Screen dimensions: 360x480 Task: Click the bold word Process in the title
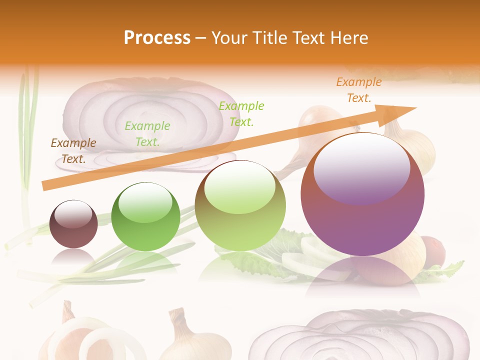[157, 38]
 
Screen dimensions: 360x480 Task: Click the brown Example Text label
[73, 151]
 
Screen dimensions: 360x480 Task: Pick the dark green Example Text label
[147, 134]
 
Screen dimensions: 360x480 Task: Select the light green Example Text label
[241, 113]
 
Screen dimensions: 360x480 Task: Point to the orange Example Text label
[359, 90]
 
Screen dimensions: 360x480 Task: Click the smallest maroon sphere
[74, 224]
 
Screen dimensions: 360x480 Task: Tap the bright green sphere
[145, 216]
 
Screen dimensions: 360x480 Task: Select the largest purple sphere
[362, 195]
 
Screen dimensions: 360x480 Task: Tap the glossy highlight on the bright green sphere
[145, 202]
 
